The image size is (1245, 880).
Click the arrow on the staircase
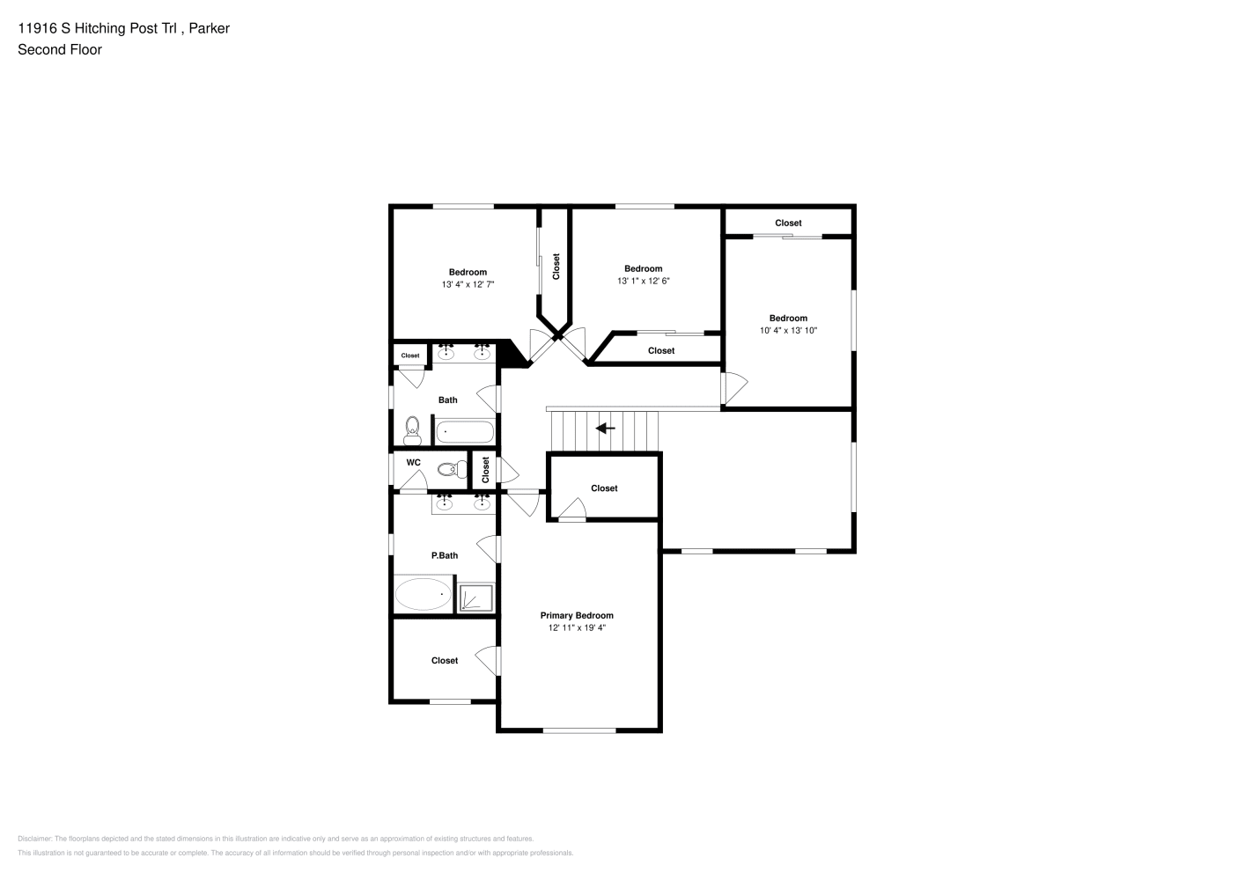pos(605,429)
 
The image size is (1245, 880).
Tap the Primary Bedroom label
pos(577,615)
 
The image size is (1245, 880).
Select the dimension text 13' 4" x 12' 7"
pos(468,284)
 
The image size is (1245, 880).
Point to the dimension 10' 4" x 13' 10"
pos(788,331)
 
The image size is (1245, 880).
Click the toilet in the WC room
pos(453,469)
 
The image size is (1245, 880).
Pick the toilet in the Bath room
pos(412,431)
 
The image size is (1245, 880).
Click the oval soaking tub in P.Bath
pos(424,594)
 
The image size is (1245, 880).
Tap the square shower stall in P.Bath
pos(475,598)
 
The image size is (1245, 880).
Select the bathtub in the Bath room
pos(465,432)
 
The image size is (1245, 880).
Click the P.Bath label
pos(445,555)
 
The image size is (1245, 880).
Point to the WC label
pos(414,462)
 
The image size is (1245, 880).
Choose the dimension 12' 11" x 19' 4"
pos(577,627)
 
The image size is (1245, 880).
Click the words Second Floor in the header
pos(60,49)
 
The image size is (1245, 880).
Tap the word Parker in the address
pos(209,28)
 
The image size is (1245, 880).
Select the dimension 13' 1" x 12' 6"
pos(643,281)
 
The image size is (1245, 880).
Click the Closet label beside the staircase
pos(604,488)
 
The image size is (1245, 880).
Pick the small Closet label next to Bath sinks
pos(410,356)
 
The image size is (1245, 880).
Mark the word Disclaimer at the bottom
pos(34,839)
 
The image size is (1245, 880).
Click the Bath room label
pos(448,400)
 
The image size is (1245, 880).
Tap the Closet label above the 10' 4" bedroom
pos(788,223)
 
